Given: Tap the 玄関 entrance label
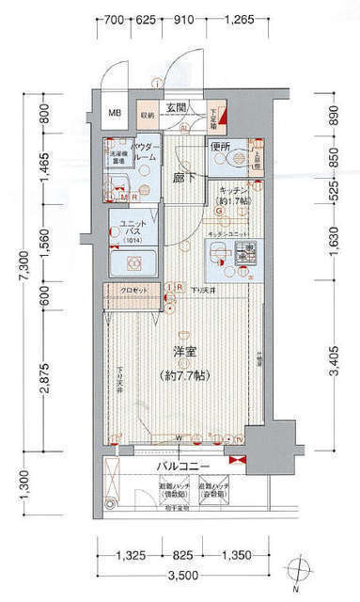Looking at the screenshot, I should tap(177, 108).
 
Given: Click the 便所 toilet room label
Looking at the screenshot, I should tap(221, 147).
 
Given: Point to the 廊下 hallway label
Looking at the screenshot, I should tap(181, 175).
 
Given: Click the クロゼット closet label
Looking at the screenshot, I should tap(135, 290).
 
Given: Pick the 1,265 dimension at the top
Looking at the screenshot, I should tap(242, 19).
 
